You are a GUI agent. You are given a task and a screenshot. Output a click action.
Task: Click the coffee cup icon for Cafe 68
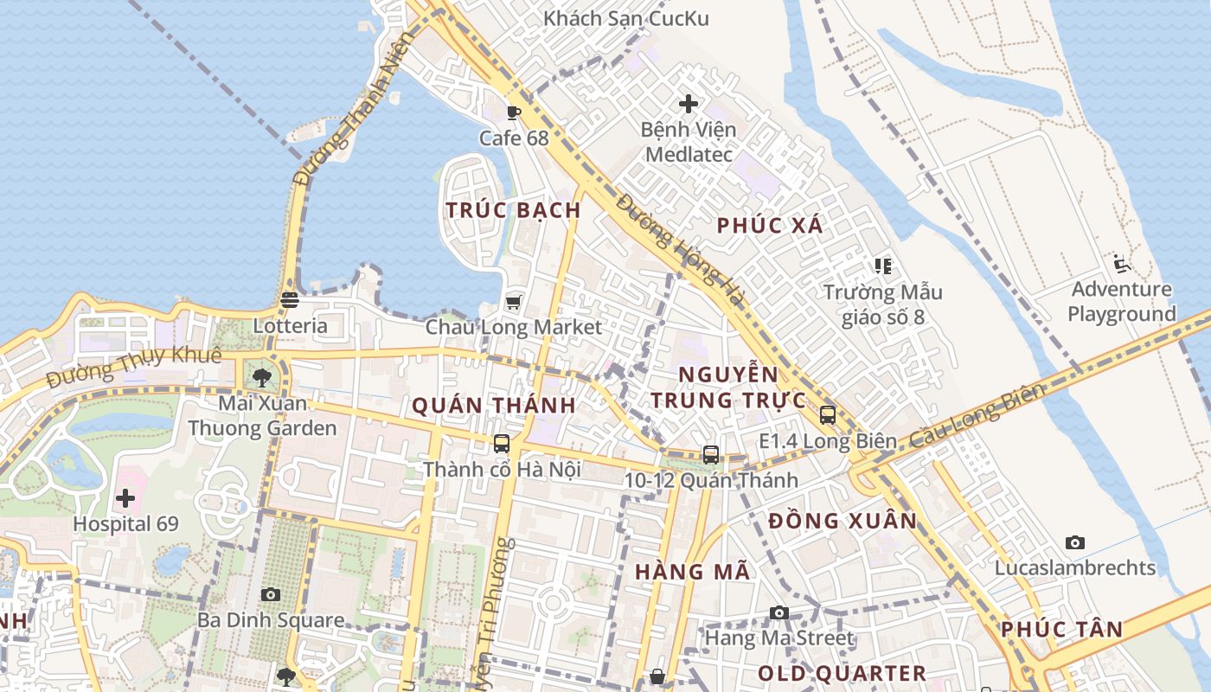(x=514, y=112)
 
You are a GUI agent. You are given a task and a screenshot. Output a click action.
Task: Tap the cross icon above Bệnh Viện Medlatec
(x=689, y=104)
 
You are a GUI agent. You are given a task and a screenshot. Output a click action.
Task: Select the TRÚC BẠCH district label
(x=513, y=210)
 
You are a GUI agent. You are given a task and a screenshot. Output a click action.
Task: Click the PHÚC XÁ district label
(x=770, y=226)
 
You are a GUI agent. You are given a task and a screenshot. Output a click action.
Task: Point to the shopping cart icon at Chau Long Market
(x=514, y=302)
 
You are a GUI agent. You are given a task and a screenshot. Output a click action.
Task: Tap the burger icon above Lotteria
(x=290, y=300)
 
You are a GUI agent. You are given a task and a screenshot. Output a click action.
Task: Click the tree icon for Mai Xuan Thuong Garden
(x=262, y=377)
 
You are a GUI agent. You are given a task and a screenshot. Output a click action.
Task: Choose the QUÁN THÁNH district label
(x=494, y=405)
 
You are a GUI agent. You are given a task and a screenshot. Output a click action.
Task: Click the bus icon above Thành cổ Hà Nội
(x=502, y=444)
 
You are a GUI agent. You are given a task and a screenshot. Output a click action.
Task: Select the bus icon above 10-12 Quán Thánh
(x=711, y=454)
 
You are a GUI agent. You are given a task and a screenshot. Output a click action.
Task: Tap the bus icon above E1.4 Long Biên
(x=828, y=415)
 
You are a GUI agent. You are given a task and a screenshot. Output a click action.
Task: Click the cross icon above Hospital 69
(x=125, y=498)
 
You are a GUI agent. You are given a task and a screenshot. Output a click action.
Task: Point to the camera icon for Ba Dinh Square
(x=271, y=594)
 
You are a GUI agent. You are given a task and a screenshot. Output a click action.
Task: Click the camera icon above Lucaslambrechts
(x=1075, y=542)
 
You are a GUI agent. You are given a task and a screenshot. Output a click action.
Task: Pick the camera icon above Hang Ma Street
(x=779, y=612)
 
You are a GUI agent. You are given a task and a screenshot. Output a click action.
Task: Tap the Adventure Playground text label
(x=1122, y=301)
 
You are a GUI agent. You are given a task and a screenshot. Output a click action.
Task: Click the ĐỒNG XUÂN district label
(x=843, y=521)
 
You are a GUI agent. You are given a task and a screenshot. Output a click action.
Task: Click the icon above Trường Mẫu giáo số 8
(x=882, y=266)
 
